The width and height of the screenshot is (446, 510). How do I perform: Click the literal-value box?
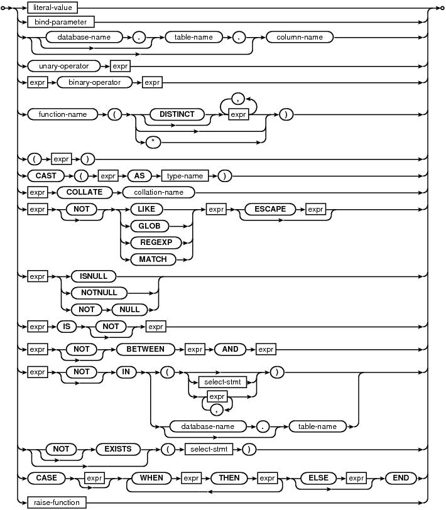pyautogui.click(x=52, y=8)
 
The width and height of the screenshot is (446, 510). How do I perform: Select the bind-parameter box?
pyautogui.click(x=61, y=22)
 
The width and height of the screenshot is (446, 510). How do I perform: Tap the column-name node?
pyautogui.click(x=300, y=37)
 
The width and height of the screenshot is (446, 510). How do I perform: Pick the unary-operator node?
pyautogui.click(x=64, y=66)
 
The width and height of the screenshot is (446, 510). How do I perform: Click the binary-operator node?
pyautogui.click(x=95, y=82)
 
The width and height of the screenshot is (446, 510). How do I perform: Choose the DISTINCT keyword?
pyautogui.click(x=177, y=114)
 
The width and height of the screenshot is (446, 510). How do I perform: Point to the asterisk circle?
pyautogui.click(x=153, y=142)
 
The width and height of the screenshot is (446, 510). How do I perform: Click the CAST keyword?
pyautogui.click(x=46, y=176)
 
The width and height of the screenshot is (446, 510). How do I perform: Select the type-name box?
pyautogui.click(x=185, y=176)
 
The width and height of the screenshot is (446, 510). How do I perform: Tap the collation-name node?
pyautogui.click(x=158, y=192)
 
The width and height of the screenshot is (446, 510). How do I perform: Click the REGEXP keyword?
pyautogui.click(x=156, y=242)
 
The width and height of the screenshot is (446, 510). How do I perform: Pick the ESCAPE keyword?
pyautogui.click(x=270, y=209)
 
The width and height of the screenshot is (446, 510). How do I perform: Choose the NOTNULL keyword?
pyautogui.click(x=99, y=293)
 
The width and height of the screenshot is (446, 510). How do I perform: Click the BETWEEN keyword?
pyautogui.click(x=145, y=349)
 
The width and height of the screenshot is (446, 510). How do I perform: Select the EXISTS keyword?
pyautogui.click(x=118, y=449)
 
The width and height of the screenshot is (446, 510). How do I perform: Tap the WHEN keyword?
pyautogui.click(x=151, y=478)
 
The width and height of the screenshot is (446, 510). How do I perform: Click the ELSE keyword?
pyautogui.click(x=318, y=478)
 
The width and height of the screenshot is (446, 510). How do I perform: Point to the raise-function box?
pyautogui.click(x=57, y=502)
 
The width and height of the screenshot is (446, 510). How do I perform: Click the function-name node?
pyautogui.click(x=63, y=114)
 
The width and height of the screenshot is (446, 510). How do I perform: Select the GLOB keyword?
pyautogui.click(x=150, y=225)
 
